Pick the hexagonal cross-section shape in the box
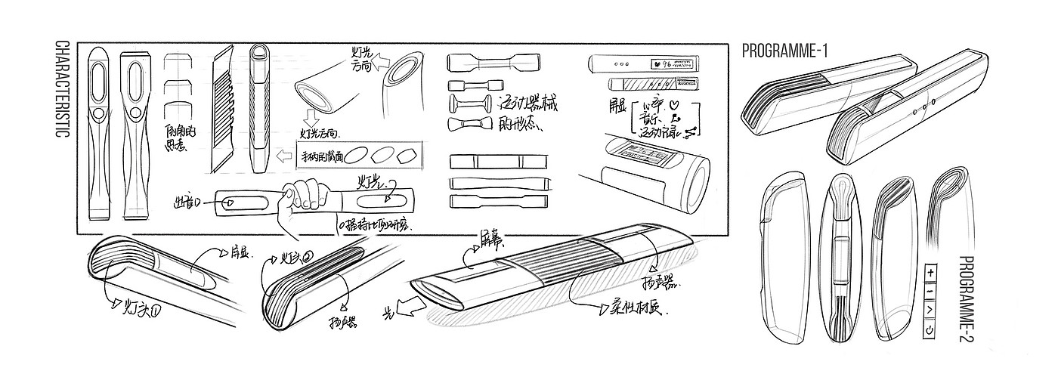pos(407,157)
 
